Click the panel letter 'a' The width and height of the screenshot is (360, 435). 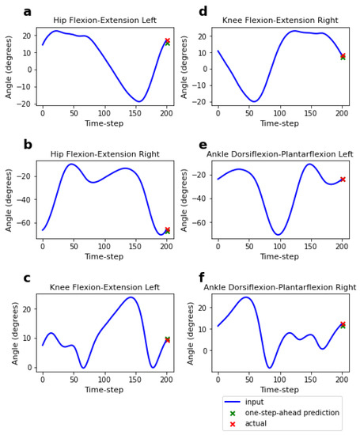tap(28, 12)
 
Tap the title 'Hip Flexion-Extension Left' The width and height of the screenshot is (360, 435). tap(104, 21)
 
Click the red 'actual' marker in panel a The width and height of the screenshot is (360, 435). tap(167, 40)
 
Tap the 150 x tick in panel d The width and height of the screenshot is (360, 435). tap(311, 114)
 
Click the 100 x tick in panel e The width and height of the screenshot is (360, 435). tap(279, 247)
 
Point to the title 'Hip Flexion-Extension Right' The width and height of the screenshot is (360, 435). tap(104, 154)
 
